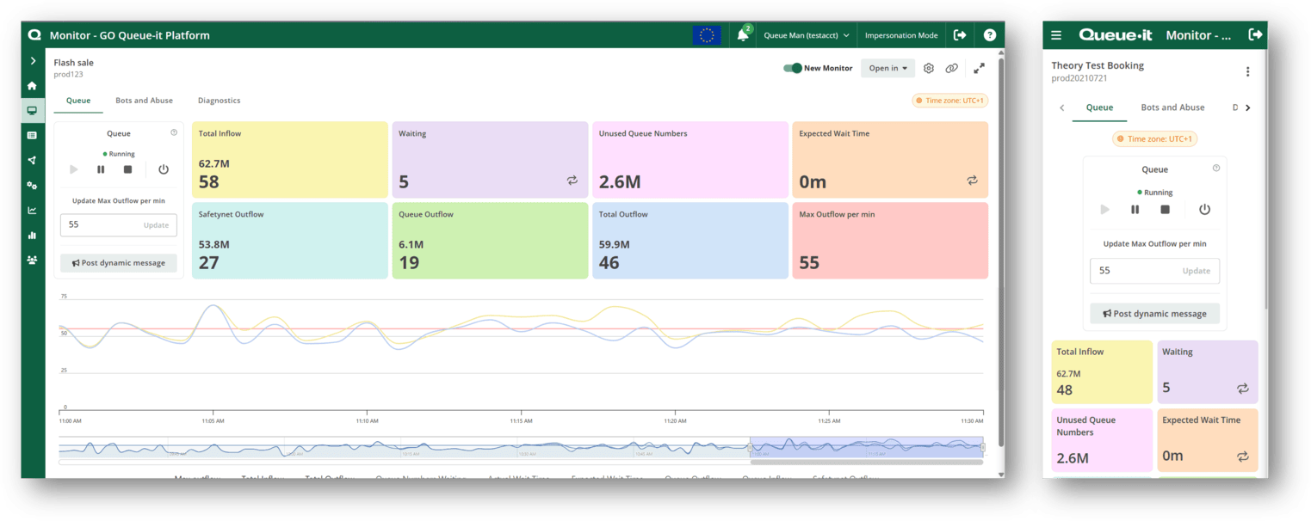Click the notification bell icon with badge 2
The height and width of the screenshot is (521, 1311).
[x=743, y=35]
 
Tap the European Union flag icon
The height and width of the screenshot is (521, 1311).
[x=707, y=35]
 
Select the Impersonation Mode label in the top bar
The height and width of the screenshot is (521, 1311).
[x=901, y=35]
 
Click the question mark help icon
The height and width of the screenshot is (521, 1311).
[x=990, y=35]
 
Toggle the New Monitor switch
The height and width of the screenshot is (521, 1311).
[x=792, y=68]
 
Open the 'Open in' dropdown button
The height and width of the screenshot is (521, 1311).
[x=887, y=68]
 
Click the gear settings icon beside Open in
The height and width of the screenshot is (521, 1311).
[x=929, y=68]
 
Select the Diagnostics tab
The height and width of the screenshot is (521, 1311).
[x=219, y=101]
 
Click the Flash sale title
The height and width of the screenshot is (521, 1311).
[x=73, y=63]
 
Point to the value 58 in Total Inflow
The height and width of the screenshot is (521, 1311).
[x=209, y=181]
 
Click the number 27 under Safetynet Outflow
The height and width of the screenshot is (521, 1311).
[x=209, y=262]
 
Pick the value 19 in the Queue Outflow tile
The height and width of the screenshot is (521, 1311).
[x=409, y=262]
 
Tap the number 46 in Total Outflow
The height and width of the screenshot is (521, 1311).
[x=609, y=262]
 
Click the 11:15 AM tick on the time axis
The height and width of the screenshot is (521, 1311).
[x=521, y=421]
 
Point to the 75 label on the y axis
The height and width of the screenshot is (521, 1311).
[x=64, y=297]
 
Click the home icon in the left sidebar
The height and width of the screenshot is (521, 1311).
[x=33, y=86]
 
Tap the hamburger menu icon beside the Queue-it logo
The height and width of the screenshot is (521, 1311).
[x=1056, y=35]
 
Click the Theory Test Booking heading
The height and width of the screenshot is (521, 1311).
[x=1098, y=65]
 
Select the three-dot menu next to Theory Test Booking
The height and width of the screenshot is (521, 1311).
[x=1247, y=72]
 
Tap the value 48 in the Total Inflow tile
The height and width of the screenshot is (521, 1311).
[x=1065, y=389]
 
